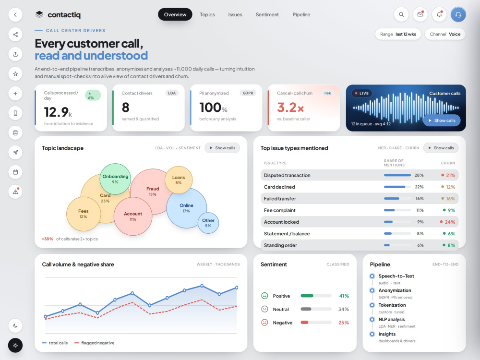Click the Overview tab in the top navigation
click(x=175, y=14)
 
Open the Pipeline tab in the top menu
click(x=301, y=14)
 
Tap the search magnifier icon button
click(x=401, y=14)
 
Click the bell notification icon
click(x=439, y=14)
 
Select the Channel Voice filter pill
click(x=445, y=34)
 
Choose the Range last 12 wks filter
click(x=398, y=34)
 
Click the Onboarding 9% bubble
click(x=115, y=179)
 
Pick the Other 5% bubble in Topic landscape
click(x=208, y=223)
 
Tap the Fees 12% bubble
click(x=83, y=214)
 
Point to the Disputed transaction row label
click(x=287, y=175)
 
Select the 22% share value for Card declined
click(x=419, y=187)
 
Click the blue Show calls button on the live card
click(x=442, y=120)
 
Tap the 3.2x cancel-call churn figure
click(x=290, y=108)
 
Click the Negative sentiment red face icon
click(x=264, y=323)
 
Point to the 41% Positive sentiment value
click(x=344, y=296)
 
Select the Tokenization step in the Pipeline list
click(x=392, y=305)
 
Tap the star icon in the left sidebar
click(x=15, y=74)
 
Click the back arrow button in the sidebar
click(x=15, y=14)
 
